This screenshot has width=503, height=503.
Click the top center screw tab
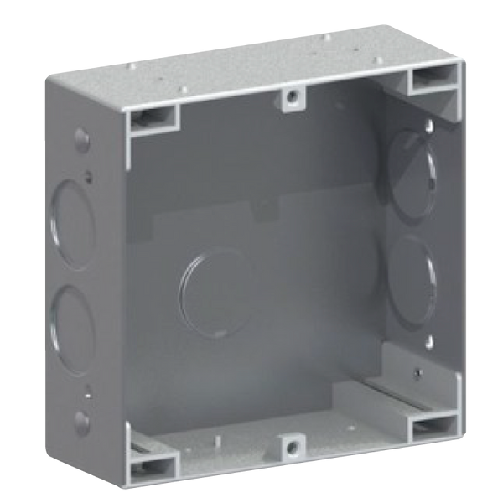[x=290, y=97]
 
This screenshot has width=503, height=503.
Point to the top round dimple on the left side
[x=80, y=137]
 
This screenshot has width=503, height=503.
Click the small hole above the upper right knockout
[x=429, y=125]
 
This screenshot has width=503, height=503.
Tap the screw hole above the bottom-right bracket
[x=414, y=370]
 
